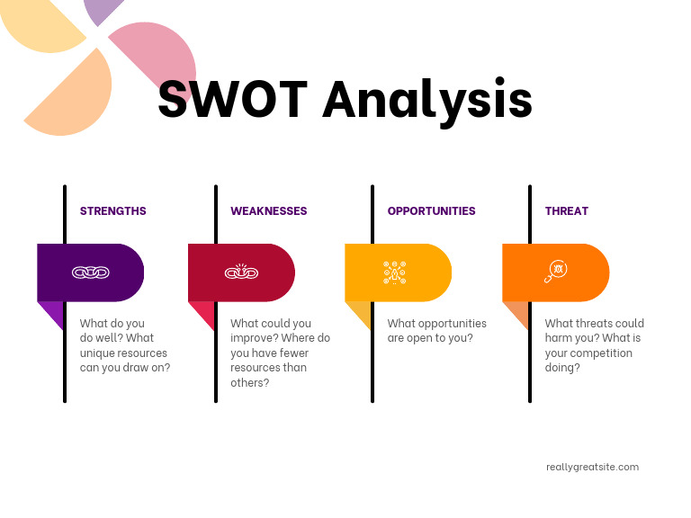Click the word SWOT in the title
point(233,99)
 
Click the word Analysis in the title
point(427,101)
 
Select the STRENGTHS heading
point(112,211)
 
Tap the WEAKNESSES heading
point(268,211)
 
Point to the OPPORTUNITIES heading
point(431,211)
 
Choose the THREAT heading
point(566,211)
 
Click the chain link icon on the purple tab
point(90,272)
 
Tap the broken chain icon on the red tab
point(241,272)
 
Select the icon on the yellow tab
point(395,272)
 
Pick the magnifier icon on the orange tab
point(554,272)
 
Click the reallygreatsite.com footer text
point(592,467)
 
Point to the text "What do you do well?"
point(112,331)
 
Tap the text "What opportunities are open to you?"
point(436,331)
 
